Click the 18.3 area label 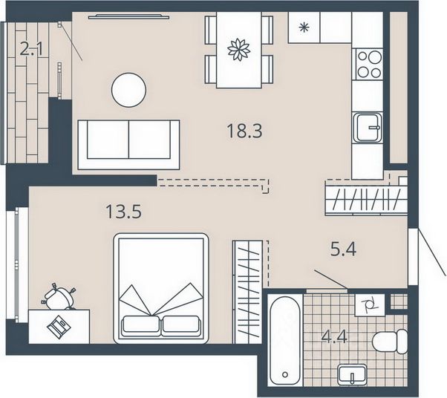click(244, 131)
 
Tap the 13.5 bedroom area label click(123, 212)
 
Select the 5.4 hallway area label click(343, 249)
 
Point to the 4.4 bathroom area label click(334, 336)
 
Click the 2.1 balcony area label click(31, 48)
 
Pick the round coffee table click(129, 90)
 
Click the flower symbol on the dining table click(239, 50)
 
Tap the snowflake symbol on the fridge click(304, 27)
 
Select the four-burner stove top click(370, 65)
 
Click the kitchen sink click(368, 128)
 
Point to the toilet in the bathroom click(390, 342)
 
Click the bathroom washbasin click(353, 375)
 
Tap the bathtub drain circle click(284, 374)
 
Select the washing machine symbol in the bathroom click(370, 305)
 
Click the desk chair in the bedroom click(59, 297)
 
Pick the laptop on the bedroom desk click(59, 327)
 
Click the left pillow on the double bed click(140, 324)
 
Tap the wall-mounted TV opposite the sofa click(128, 16)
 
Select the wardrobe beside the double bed click(247, 292)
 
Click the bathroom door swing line click(330, 279)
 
